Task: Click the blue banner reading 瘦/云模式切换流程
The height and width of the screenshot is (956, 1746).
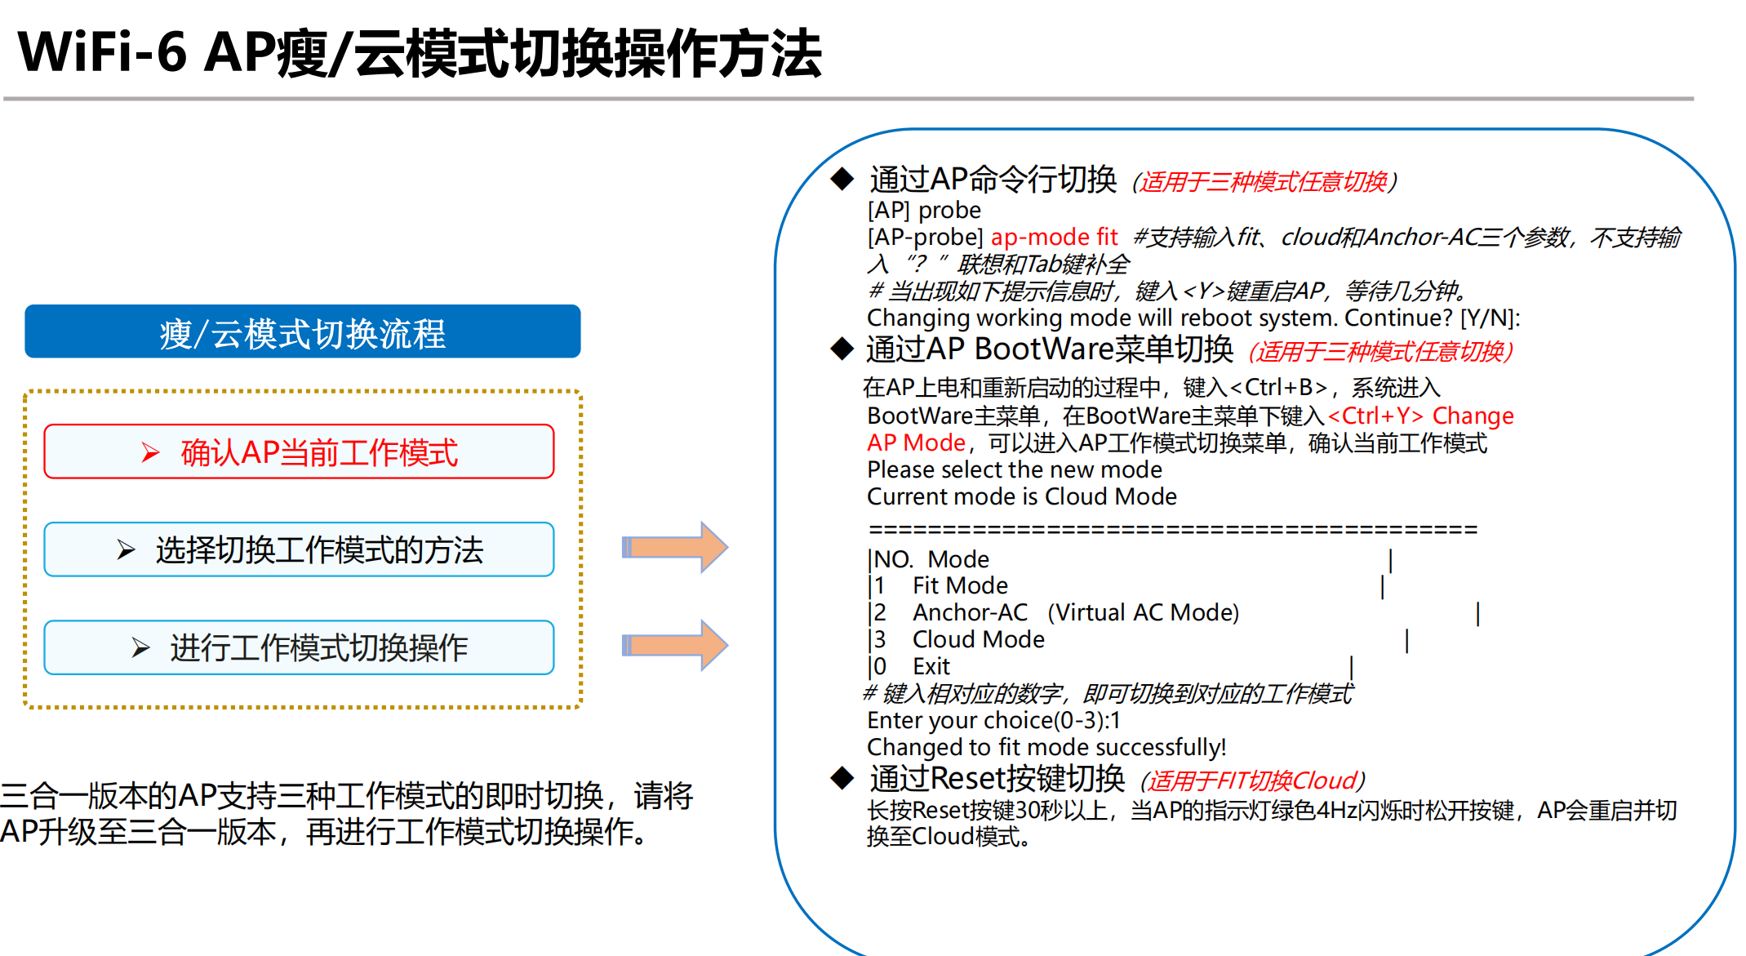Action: (x=302, y=332)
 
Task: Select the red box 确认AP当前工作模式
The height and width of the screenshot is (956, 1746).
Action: (x=299, y=451)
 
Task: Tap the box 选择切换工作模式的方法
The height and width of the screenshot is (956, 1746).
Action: (x=299, y=549)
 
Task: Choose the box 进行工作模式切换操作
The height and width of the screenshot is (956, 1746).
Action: (x=299, y=647)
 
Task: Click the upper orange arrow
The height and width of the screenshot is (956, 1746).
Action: (x=674, y=547)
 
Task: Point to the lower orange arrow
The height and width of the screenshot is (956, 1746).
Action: (x=674, y=645)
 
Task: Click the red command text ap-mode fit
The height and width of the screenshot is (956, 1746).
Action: (x=1054, y=237)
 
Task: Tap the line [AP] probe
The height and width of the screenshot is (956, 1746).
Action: (x=924, y=210)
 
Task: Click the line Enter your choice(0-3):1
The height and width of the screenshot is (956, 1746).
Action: (x=993, y=720)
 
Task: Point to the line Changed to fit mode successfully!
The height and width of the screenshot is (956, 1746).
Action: (x=1046, y=747)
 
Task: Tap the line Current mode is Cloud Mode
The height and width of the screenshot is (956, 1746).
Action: (x=1021, y=496)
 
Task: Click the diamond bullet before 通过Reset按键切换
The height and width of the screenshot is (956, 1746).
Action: (x=842, y=778)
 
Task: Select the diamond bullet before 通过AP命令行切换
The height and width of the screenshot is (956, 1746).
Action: (x=842, y=178)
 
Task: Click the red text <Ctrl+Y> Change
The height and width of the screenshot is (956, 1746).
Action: (x=1420, y=416)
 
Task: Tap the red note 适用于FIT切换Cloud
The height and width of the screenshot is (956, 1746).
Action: (x=1253, y=781)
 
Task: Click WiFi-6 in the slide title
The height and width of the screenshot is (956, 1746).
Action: (x=102, y=52)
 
